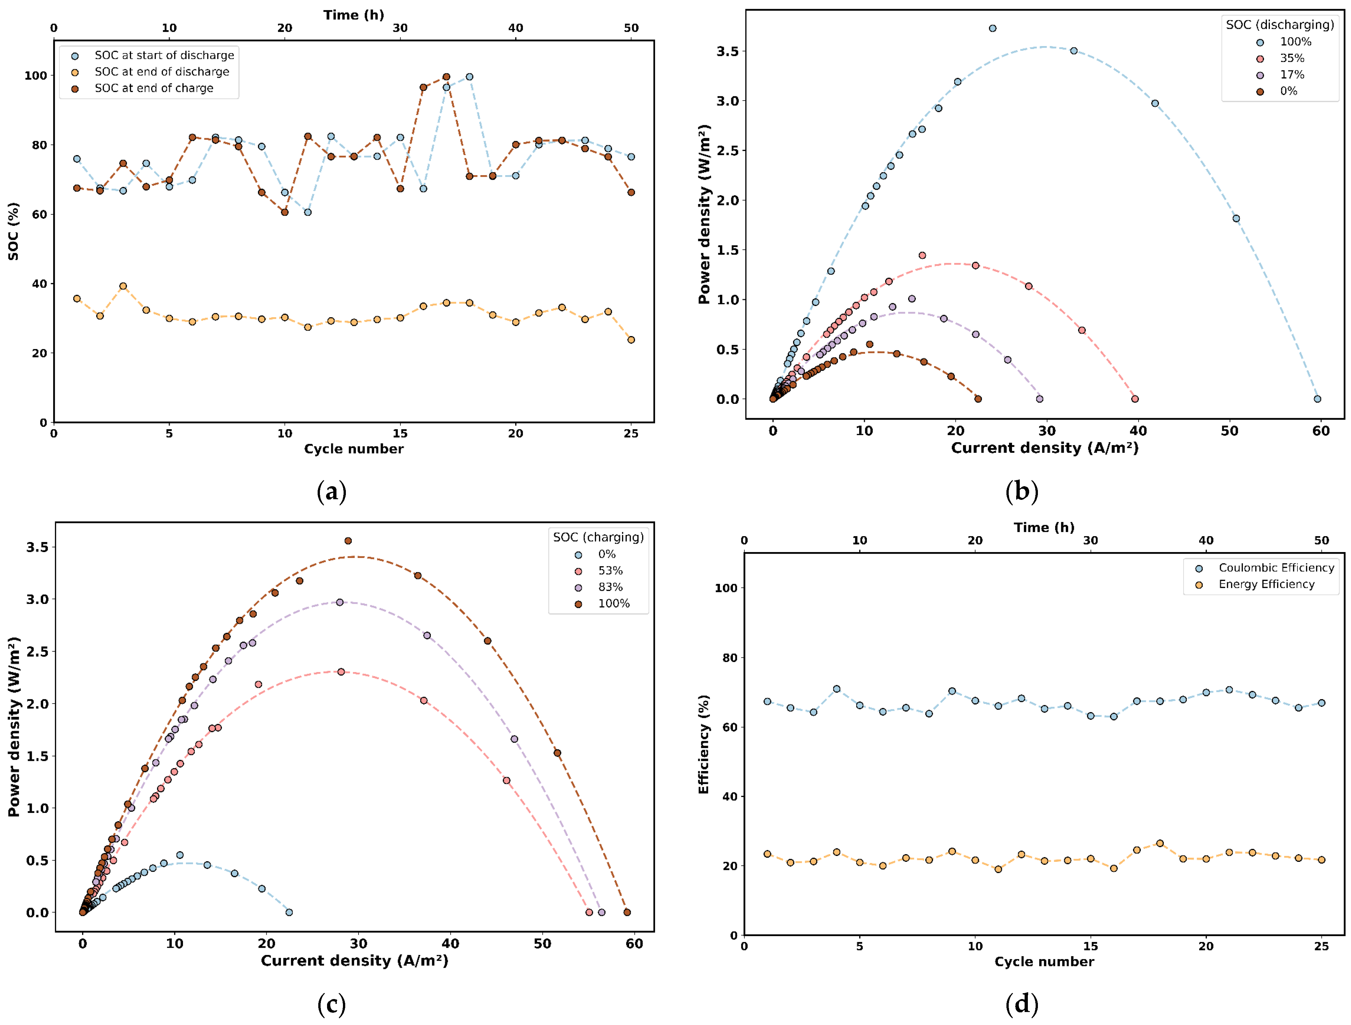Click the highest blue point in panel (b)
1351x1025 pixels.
pos(992,28)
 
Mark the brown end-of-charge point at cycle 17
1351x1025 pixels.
pos(446,77)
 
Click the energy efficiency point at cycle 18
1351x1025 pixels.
pos(1160,843)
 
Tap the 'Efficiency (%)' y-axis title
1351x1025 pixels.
pos(704,744)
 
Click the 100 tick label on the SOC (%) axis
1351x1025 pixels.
pos(35,76)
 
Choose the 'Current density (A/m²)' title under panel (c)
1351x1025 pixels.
pos(355,960)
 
